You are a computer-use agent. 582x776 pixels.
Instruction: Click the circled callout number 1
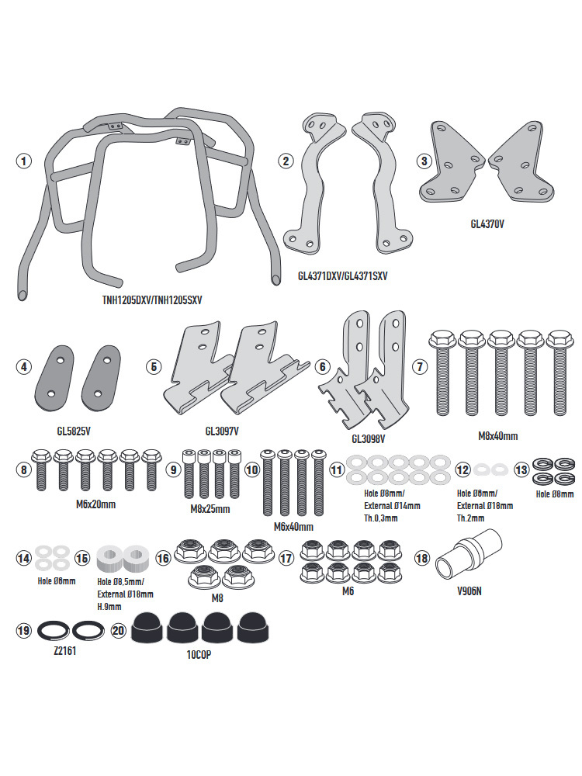point(24,161)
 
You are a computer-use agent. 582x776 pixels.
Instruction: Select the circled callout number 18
point(421,557)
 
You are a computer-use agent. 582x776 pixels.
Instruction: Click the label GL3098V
point(369,438)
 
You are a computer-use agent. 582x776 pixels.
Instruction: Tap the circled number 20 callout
point(118,631)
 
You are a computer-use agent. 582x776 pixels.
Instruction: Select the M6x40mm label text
point(293,527)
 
